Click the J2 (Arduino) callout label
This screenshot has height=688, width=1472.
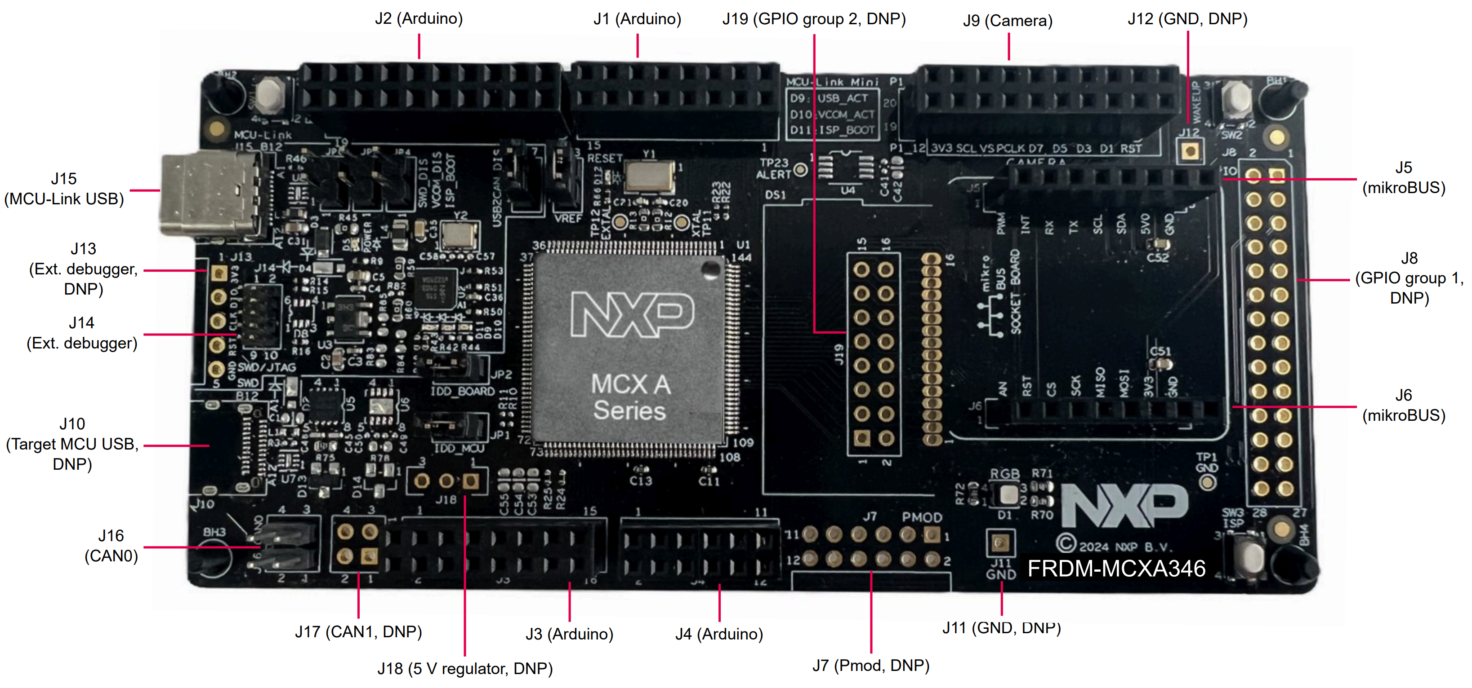click(419, 18)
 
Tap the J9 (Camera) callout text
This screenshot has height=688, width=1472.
click(1008, 21)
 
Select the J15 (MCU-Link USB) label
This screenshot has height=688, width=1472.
click(64, 189)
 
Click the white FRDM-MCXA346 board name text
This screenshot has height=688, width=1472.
click(1116, 569)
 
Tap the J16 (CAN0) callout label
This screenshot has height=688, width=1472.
click(112, 545)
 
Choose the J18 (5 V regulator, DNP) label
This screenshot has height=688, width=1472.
click(464, 668)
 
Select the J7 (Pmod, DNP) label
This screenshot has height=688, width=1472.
click(871, 665)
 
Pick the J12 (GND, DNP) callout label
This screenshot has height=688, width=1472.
click(1187, 19)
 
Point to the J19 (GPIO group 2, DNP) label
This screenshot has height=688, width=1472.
click(814, 19)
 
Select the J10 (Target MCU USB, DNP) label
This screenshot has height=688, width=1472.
click(72, 444)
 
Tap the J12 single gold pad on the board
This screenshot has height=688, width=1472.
click(1190, 151)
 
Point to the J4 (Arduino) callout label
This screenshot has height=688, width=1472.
click(719, 634)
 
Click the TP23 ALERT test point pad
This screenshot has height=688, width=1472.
click(801, 170)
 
